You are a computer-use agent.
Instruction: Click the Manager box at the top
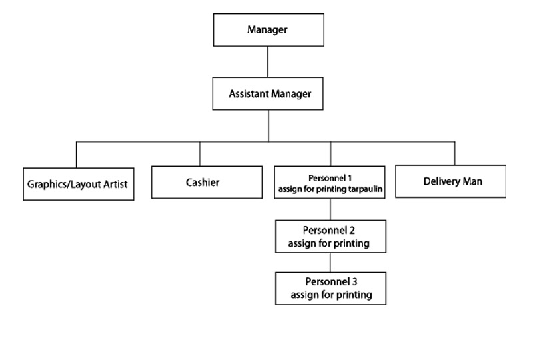click(x=267, y=29)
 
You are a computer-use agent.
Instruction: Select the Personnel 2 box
click(x=330, y=237)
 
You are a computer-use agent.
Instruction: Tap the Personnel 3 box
click(x=330, y=287)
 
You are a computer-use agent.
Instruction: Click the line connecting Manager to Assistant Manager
click(x=267, y=62)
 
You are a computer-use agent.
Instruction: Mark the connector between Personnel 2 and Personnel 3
click(x=330, y=262)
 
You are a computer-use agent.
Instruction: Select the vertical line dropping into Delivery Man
click(x=455, y=153)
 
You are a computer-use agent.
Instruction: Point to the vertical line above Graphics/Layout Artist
click(x=77, y=154)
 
